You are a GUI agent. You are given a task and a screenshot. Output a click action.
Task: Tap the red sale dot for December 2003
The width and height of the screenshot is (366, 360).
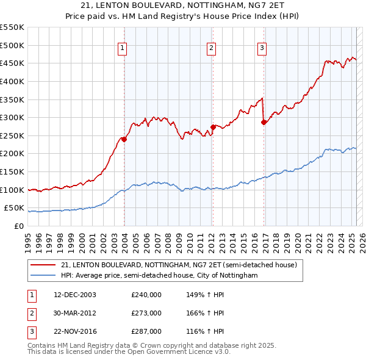coord(124,139)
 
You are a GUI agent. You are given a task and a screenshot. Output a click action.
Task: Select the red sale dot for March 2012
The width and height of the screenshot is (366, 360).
coord(213,127)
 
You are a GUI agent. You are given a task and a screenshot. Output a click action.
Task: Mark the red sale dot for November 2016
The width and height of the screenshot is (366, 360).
coord(264,122)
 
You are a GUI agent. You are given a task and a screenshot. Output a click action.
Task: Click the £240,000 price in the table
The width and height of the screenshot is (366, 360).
coord(146,294)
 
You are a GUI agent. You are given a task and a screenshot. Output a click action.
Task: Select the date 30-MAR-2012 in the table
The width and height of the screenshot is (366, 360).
coord(75,313)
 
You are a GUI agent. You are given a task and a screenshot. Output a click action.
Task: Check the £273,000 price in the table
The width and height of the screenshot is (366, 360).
coord(146,313)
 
